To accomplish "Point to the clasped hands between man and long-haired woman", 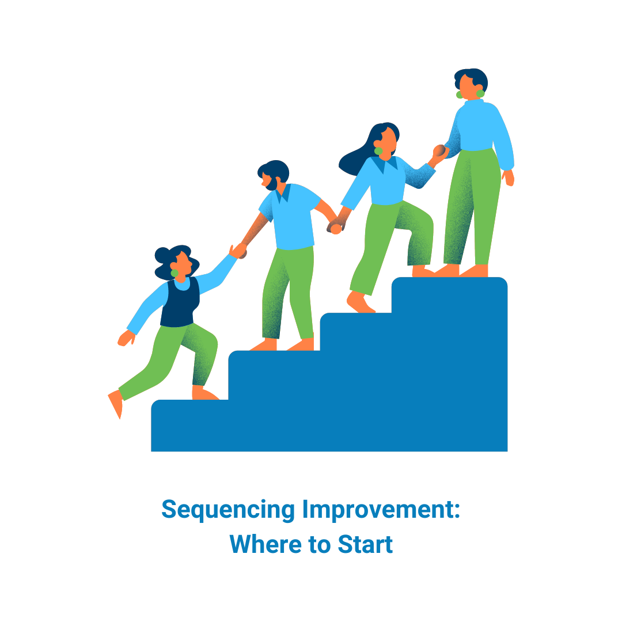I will [335, 226].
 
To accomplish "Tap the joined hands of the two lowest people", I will [238, 251].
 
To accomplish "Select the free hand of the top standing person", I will [508, 177].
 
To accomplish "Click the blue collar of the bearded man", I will [283, 194].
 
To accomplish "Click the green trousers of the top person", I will [469, 207].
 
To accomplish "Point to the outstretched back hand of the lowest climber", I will [125, 339].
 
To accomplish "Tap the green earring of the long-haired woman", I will [378, 151].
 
